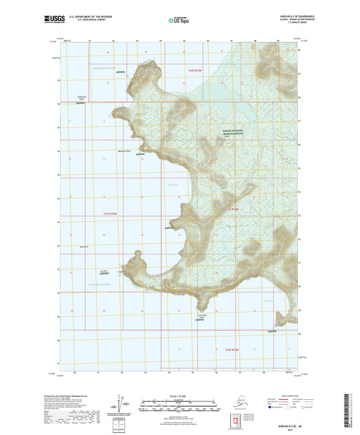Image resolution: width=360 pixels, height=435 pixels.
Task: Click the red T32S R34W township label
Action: tap(197, 71)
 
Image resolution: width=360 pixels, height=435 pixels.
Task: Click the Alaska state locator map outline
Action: tap(238, 403)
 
